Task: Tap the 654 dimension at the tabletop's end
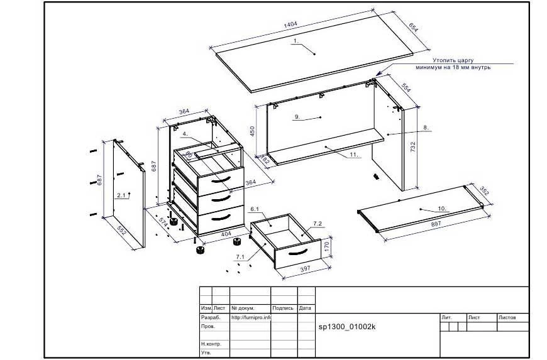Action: [x=413, y=27]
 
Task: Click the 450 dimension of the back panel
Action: [x=253, y=131]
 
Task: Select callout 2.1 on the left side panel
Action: [x=121, y=195]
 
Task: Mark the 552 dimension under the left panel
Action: [x=121, y=232]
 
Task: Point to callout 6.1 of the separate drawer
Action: [x=255, y=209]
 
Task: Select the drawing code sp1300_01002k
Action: [x=347, y=327]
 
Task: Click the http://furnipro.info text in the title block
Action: [x=251, y=317]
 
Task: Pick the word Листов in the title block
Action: [x=507, y=317]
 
